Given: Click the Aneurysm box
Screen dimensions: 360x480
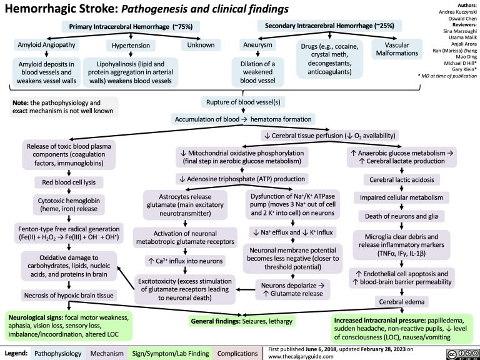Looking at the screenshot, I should point(257,45).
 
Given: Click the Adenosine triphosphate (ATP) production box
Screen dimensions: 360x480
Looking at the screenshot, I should point(241,178).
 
